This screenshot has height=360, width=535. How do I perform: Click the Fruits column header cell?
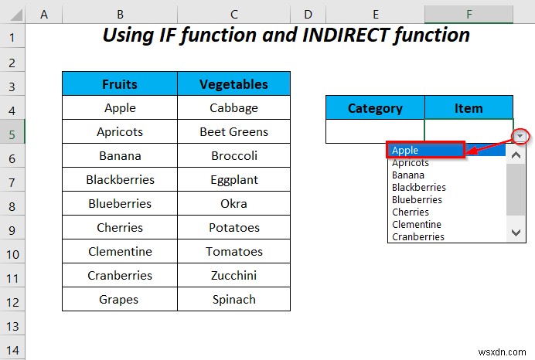coord(120,84)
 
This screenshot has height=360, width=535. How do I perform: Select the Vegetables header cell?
coord(233,84)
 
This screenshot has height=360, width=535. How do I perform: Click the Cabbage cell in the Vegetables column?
coord(233,108)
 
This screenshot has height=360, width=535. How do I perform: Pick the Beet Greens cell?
coord(233,132)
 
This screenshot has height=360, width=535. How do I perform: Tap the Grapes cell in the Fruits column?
coord(120,300)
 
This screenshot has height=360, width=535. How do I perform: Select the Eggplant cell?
coord(233,180)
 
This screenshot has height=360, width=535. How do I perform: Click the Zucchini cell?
coord(233,276)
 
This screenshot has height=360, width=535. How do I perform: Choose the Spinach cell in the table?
coord(233,300)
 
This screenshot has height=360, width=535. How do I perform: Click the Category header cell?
coord(375,108)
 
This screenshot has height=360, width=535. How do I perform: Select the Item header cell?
coord(469,108)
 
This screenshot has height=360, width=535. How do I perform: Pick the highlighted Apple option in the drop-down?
coord(425,151)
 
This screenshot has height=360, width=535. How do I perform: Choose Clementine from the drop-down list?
coord(417,224)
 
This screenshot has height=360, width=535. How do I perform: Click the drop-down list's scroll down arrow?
coord(516,231)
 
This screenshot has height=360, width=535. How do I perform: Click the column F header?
coord(469,13)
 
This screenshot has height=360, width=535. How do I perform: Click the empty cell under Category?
coord(375,131)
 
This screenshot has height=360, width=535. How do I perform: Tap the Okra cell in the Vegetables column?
coord(233,204)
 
